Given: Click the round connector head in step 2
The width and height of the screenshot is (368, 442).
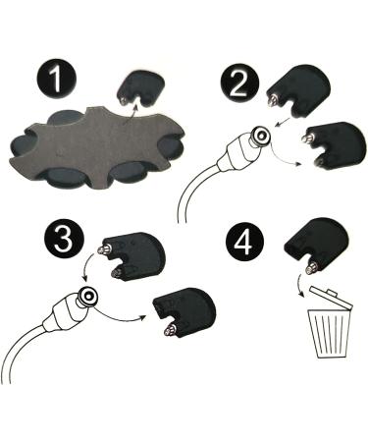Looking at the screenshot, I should tap(262, 137).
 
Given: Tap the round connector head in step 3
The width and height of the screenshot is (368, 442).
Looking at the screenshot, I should tap(89, 296).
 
